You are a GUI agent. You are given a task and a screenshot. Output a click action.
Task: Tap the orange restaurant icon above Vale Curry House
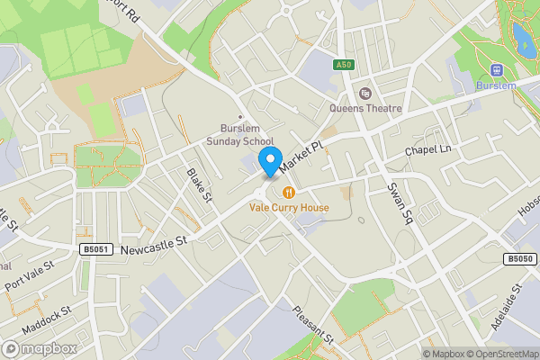click(x=289, y=193)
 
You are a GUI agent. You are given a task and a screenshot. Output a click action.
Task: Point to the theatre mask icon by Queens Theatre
click(x=365, y=94)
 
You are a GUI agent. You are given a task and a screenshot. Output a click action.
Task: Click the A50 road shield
click(x=343, y=65)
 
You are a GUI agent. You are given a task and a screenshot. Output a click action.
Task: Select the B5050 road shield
click(x=519, y=259)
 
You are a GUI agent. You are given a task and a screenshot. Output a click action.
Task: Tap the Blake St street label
click(x=198, y=184)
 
